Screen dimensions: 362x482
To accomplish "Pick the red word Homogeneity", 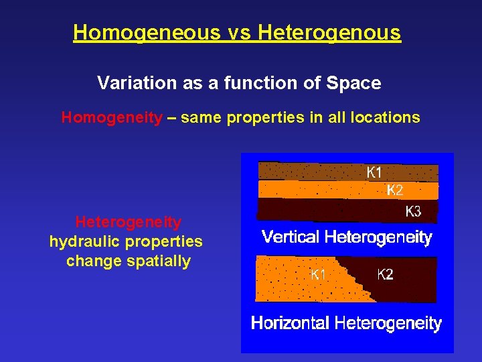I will coord(112,118).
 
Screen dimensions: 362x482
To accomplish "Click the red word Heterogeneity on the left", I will coord(128,222).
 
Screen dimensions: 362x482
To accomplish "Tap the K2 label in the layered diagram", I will coord(396,190).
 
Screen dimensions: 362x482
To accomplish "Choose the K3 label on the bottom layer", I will coord(414,212).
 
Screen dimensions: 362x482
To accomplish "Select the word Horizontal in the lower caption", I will coord(291,324).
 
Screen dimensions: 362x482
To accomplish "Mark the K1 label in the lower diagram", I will coord(318,274).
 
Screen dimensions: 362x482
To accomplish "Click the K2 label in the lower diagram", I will coord(385,274).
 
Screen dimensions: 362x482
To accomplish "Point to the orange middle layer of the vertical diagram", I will coord(321,190).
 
